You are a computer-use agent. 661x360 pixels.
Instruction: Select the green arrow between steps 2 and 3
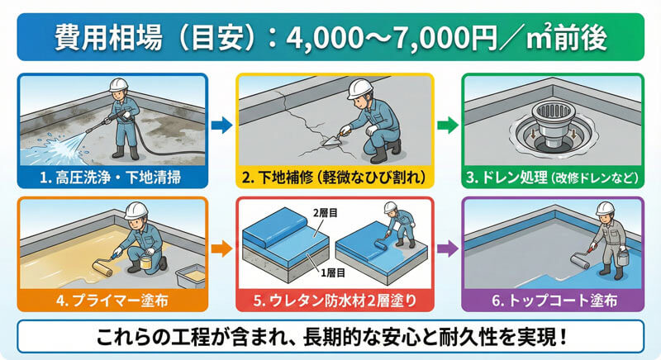coord(443,126)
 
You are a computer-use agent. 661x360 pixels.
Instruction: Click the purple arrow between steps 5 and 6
coord(443,247)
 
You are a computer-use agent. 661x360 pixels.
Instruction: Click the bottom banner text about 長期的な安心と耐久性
coord(330,337)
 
